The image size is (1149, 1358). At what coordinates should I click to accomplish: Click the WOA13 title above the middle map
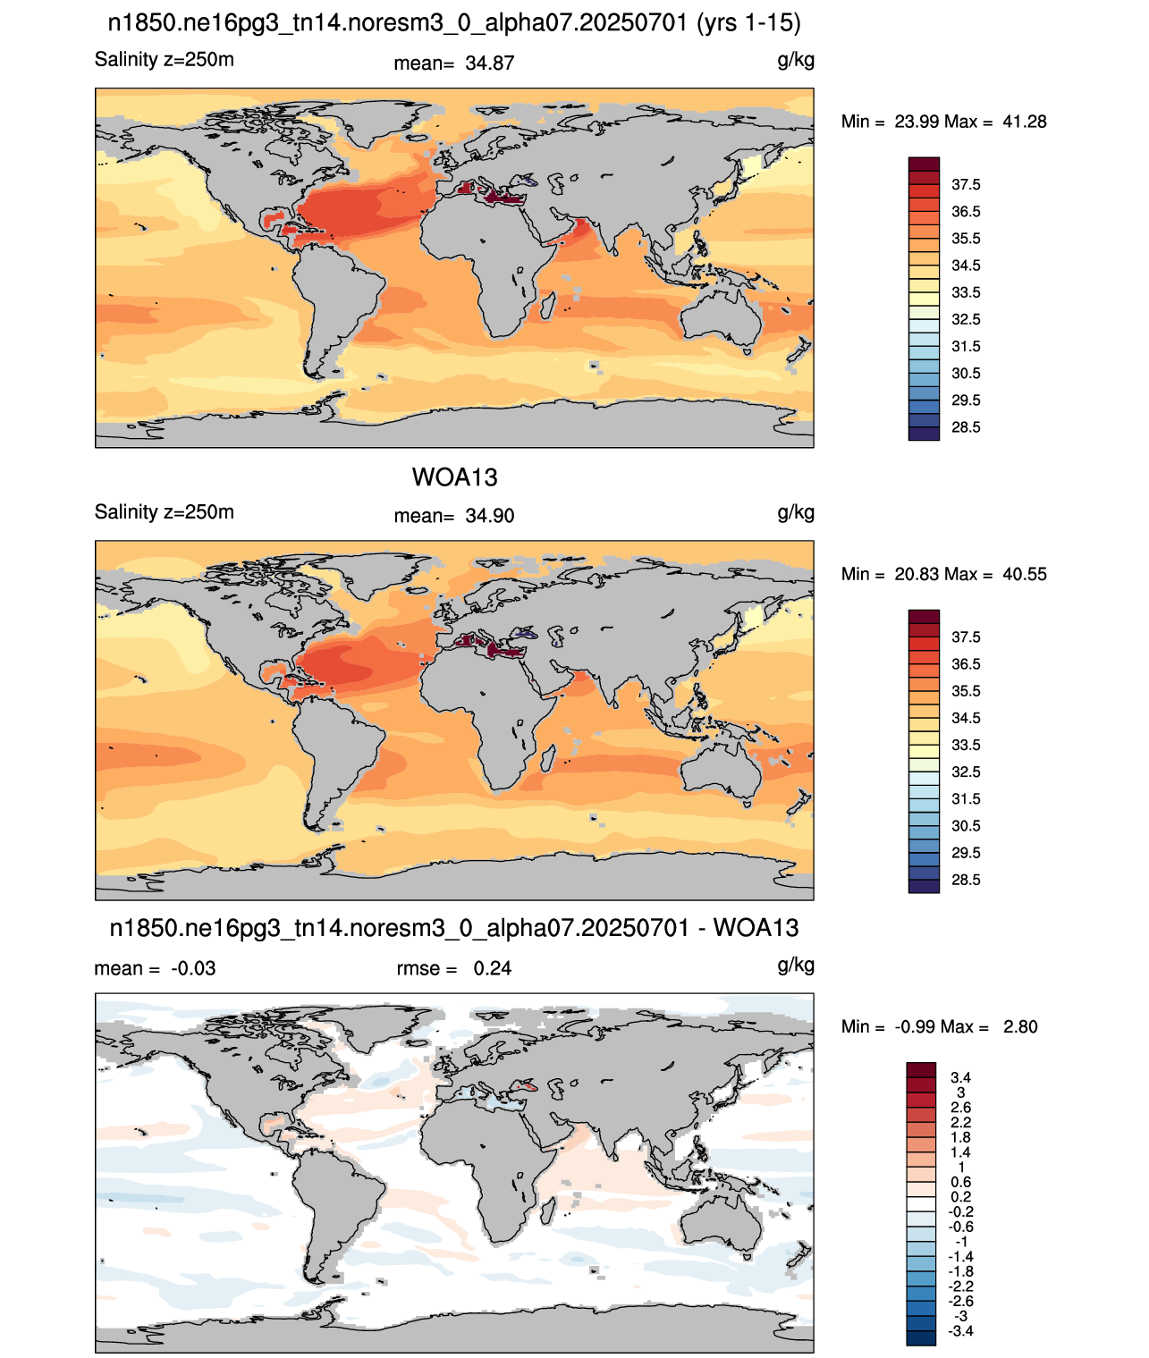coord(454,477)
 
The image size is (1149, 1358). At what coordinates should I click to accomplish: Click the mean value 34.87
coord(489,63)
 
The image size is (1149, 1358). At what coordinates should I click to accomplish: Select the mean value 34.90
coord(489,516)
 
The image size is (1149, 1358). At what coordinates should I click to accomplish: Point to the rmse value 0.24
coord(492,968)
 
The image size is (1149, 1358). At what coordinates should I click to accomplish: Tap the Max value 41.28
coord(1024,122)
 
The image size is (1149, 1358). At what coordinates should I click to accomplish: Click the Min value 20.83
coord(916,574)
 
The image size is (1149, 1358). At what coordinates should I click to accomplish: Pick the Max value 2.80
coord(1020,1027)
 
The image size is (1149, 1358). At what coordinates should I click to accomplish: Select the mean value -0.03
coord(193,968)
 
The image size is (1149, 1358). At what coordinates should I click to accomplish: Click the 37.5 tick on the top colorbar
coord(966,185)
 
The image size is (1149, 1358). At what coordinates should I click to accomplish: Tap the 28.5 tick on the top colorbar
coord(966,427)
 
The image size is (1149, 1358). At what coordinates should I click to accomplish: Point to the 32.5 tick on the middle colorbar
coord(966,772)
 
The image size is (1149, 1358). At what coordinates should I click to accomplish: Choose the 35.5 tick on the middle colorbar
coord(966,691)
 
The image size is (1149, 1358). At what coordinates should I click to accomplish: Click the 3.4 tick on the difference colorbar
coord(960,1077)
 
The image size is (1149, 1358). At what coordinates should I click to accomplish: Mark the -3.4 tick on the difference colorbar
coord(959,1332)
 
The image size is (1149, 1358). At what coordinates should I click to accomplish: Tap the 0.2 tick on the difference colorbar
coord(960,1197)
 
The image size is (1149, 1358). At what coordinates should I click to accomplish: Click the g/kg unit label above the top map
coord(796,61)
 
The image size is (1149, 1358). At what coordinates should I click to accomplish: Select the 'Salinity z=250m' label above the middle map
coord(165,511)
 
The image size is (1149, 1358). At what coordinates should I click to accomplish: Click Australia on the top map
coord(721,316)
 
